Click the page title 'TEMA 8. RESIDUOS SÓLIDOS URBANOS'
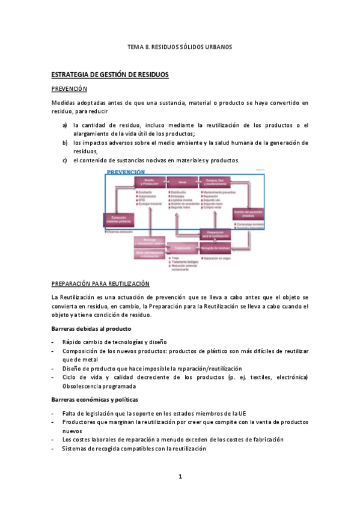coord(180,46)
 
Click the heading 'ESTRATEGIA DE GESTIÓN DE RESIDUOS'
coord(110,75)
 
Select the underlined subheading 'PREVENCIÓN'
coord(70,89)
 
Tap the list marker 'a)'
coord(64,125)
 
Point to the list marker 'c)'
coord(64,160)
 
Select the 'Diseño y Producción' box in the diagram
coord(150,182)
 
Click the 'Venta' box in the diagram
coord(182,182)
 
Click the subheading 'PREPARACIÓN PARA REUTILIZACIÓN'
coord(100,284)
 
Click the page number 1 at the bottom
coord(180,477)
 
